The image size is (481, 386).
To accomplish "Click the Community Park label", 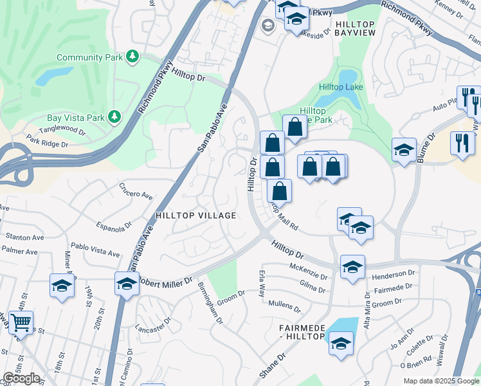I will click(91, 57).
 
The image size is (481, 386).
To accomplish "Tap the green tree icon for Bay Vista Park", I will click(114, 116).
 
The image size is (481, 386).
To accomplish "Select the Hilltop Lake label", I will click(341, 87).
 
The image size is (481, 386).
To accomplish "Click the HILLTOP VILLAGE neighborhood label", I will click(195, 216).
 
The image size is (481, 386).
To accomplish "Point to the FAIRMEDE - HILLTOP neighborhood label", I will click(302, 333).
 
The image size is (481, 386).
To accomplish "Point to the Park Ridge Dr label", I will click(46, 141).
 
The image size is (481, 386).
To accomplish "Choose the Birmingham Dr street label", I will click(210, 302).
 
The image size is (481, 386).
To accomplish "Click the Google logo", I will click(21, 378).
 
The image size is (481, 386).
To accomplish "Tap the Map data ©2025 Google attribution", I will click(441, 381).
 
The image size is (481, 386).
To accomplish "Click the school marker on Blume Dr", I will click(403, 151).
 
